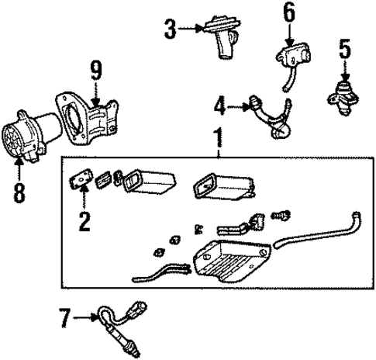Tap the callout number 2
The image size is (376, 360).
[83, 221]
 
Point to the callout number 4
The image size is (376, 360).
[220, 103]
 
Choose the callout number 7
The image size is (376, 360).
[65, 317]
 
